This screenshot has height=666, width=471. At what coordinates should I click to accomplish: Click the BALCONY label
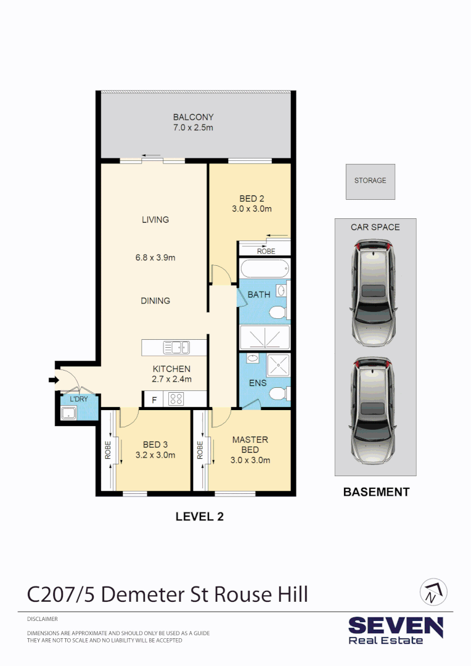tap(193, 117)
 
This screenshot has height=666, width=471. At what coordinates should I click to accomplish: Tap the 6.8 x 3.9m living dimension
tap(155, 257)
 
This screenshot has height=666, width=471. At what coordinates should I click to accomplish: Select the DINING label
tap(155, 301)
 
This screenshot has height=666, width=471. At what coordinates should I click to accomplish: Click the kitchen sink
tap(177, 347)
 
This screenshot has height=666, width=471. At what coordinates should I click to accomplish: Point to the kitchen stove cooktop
tap(176, 399)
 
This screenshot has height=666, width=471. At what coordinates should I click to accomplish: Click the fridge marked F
tap(154, 400)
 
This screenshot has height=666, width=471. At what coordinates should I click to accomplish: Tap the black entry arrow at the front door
tap(54, 380)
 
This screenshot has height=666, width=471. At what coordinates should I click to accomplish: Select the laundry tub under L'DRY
tap(68, 413)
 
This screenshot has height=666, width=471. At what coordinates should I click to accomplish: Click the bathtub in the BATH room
tap(264, 269)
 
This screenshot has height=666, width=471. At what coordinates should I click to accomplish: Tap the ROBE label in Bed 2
tap(266, 252)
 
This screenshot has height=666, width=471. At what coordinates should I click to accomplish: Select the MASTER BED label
tap(250, 445)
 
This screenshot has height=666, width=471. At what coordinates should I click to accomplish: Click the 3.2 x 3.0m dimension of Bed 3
tap(155, 455)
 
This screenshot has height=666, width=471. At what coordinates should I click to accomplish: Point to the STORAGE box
tap(371, 182)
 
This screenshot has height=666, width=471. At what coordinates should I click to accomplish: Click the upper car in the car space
tap(374, 293)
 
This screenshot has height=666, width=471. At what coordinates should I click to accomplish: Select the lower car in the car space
tap(374, 411)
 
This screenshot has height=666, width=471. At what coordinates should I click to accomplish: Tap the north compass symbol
tap(433, 591)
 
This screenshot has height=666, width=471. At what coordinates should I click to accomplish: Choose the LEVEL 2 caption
tap(200, 517)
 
